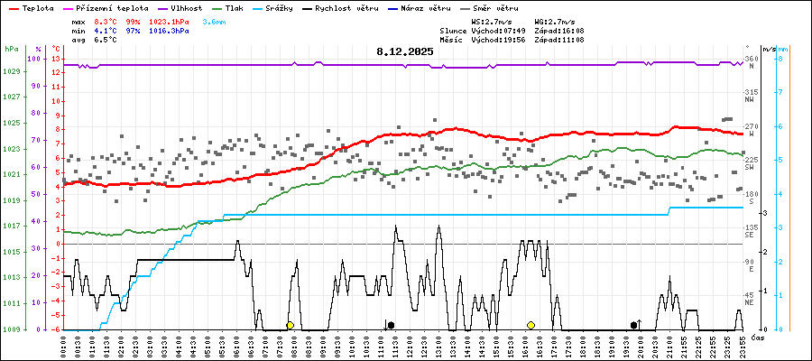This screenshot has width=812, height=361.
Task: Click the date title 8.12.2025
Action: click(x=405, y=52)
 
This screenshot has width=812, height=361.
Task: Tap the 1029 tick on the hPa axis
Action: click(x=12, y=70)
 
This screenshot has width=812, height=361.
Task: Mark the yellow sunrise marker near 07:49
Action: click(x=290, y=325)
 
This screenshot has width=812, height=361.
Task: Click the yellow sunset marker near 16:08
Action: click(x=531, y=325)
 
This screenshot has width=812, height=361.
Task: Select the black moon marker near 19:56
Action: click(x=634, y=325)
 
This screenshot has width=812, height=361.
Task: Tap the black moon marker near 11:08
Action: click(x=390, y=325)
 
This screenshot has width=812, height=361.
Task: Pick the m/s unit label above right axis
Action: click(x=769, y=48)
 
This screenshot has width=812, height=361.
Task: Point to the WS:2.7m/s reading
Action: click(x=490, y=20)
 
